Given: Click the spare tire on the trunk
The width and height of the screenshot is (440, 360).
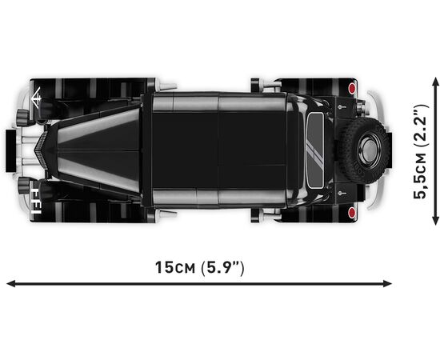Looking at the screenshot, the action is pos(363,150).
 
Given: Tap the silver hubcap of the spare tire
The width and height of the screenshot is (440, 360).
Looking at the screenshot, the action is pos(370,149).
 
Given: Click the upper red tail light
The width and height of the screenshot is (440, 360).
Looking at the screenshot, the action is pos(352,88).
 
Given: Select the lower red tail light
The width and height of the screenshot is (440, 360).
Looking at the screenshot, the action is pos(352,212).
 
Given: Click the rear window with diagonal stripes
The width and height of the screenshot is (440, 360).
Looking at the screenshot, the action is pos(316,150).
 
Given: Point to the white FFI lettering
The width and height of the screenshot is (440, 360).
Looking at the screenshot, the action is pos(35,201).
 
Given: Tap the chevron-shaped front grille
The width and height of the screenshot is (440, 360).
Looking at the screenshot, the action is pos(42,150).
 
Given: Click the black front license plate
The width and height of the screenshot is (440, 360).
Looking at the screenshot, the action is pos(11,150).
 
